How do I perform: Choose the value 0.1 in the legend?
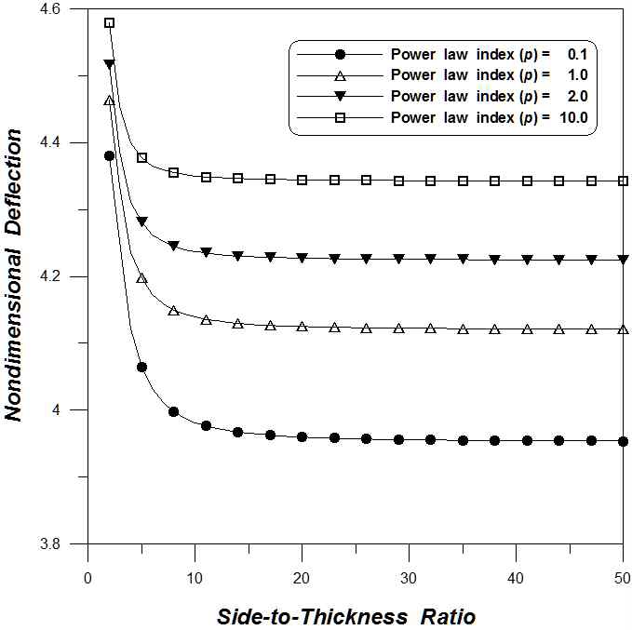click(x=577, y=52)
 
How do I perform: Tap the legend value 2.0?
click(x=577, y=96)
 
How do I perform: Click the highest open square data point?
click(x=109, y=22)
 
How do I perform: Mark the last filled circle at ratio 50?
click(x=623, y=441)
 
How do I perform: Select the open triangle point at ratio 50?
click(x=623, y=329)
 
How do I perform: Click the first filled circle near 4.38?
click(x=109, y=155)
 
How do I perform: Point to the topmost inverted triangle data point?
click(x=109, y=64)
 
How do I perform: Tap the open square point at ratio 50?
click(x=623, y=181)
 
